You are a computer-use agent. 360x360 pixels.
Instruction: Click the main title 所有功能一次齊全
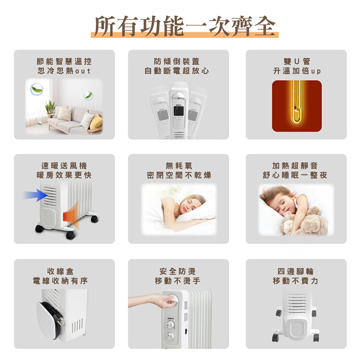(185, 26)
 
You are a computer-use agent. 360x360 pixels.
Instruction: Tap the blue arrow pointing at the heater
(36, 195)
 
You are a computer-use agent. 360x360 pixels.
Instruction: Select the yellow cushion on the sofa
(96, 121)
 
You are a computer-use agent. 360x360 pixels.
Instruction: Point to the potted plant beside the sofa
(50, 108)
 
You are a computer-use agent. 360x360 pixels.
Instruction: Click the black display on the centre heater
(179, 111)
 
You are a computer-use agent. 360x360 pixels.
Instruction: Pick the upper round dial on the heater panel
(170, 324)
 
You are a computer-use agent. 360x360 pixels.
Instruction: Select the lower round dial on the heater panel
(170, 336)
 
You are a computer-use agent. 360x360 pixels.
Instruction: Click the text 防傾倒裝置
(177, 61)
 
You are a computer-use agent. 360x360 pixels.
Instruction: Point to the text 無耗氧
(179, 166)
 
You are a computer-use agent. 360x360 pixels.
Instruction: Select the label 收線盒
(60, 271)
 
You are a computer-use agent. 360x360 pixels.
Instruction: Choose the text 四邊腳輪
(296, 271)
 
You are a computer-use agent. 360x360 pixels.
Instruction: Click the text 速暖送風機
(64, 166)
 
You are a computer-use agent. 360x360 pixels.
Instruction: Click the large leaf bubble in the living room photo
(37, 89)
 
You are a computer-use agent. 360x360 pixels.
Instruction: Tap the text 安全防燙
(178, 271)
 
